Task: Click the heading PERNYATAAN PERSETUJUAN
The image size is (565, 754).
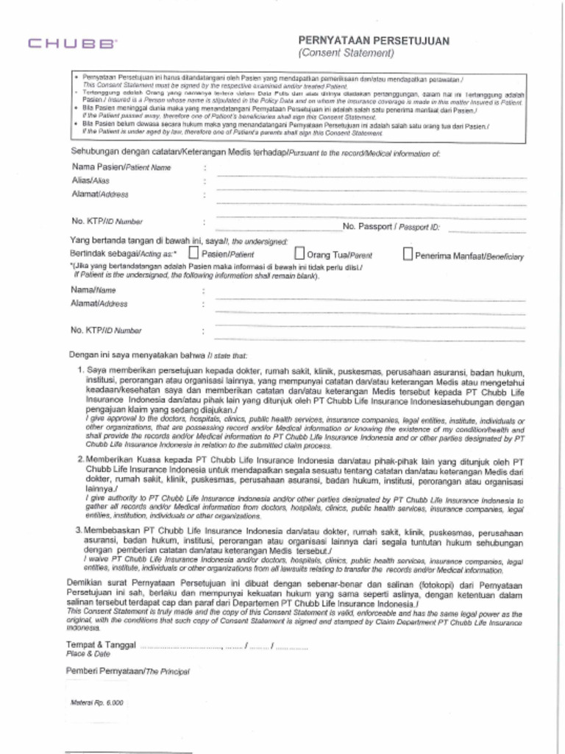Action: pyautogui.click(x=373, y=41)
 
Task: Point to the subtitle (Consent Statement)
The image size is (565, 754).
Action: pyautogui.click(x=346, y=54)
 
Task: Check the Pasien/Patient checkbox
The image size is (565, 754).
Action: pyautogui.click(x=194, y=254)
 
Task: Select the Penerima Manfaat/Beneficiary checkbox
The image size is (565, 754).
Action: pyautogui.click(x=408, y=255)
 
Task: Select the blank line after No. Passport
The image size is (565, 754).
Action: pyautogui.click(x=486, y=230)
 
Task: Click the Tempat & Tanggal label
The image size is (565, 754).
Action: pyautogui.click(x=100, y=645)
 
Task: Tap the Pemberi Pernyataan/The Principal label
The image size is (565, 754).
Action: pyautogui.click(x=127, y=672)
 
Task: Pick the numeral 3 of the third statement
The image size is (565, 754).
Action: pyautogui.click(x=79, y=530)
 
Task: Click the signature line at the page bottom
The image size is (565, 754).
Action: pyautogui.click(x=128, y=751)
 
